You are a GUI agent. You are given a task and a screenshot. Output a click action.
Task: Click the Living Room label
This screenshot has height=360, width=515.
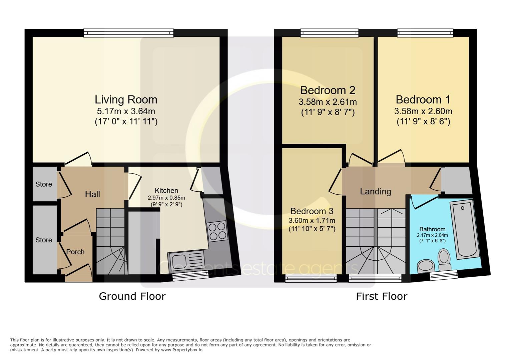point(126,100)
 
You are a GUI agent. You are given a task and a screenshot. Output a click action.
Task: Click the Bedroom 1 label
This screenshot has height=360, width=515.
point(423,100)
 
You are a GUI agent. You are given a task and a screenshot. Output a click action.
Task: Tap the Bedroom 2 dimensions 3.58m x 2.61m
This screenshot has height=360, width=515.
point(328,102)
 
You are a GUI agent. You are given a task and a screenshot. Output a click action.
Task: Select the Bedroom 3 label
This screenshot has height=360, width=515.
point(312,211)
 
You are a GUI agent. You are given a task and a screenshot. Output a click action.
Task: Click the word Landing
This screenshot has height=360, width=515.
point(375,191)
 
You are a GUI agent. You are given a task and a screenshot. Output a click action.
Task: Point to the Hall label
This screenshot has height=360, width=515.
point(92,194)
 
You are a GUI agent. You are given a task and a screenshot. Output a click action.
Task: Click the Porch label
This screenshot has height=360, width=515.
point(75,252)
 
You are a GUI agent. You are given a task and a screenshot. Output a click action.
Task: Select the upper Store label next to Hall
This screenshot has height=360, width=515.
point(44,184)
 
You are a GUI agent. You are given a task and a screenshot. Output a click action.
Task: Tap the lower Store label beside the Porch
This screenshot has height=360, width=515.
point(44,240)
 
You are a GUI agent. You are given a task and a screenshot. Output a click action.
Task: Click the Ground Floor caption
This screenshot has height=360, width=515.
point(132,296)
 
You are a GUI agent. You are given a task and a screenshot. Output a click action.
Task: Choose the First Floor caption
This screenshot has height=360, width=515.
point(382,296)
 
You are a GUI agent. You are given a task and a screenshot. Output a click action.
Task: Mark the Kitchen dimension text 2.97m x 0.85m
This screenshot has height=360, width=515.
point(166,198)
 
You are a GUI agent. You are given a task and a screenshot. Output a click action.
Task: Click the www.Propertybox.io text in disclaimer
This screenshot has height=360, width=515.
point(181,350)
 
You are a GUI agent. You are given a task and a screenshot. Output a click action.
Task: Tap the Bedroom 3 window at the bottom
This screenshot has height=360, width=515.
point(311,278)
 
